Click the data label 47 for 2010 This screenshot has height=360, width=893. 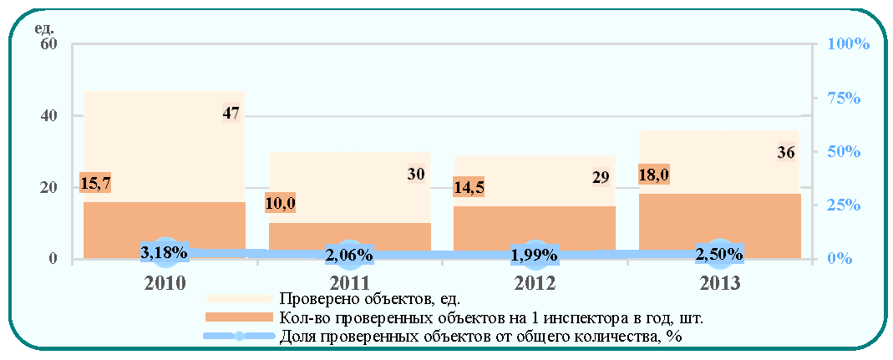[230, 113]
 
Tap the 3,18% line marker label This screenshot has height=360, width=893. [165, 251]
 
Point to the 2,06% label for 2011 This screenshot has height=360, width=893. [349, 255]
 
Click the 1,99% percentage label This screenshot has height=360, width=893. [534, 255]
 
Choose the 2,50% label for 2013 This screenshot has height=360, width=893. [718, 253]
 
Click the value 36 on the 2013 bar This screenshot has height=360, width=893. [786, 153]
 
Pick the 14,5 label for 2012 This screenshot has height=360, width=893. [468, 187]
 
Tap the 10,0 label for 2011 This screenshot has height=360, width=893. [280, 203]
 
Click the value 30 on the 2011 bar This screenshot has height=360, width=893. [416, 175]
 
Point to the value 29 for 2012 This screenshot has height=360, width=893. [601, 178]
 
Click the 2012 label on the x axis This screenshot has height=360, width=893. [535, 283]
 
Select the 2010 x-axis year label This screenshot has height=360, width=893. [165, 283]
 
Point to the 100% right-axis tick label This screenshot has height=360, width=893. [847, 44]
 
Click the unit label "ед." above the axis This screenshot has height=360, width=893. [45, 28]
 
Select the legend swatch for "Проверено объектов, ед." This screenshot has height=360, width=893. [238, 298]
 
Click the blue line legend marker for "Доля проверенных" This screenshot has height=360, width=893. [239, 336]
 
